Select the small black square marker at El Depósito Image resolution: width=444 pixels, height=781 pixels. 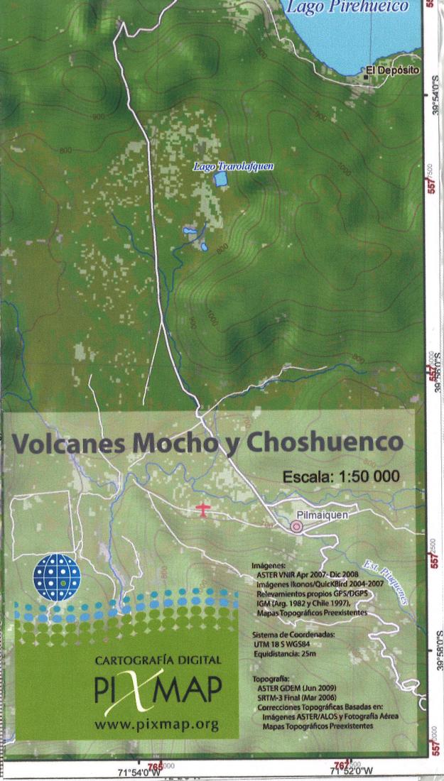(366, 71)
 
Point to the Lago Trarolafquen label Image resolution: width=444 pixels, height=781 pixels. (233, 166)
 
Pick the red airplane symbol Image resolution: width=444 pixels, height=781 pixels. (203, 509)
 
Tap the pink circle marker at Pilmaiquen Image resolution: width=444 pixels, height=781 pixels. (296, 526)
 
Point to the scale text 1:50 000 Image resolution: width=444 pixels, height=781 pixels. (363, 476)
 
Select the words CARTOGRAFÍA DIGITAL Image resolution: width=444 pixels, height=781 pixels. (157, 660)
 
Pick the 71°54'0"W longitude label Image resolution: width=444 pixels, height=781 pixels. (140, 772)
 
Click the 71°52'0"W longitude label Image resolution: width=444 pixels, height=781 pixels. (348, 772)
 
